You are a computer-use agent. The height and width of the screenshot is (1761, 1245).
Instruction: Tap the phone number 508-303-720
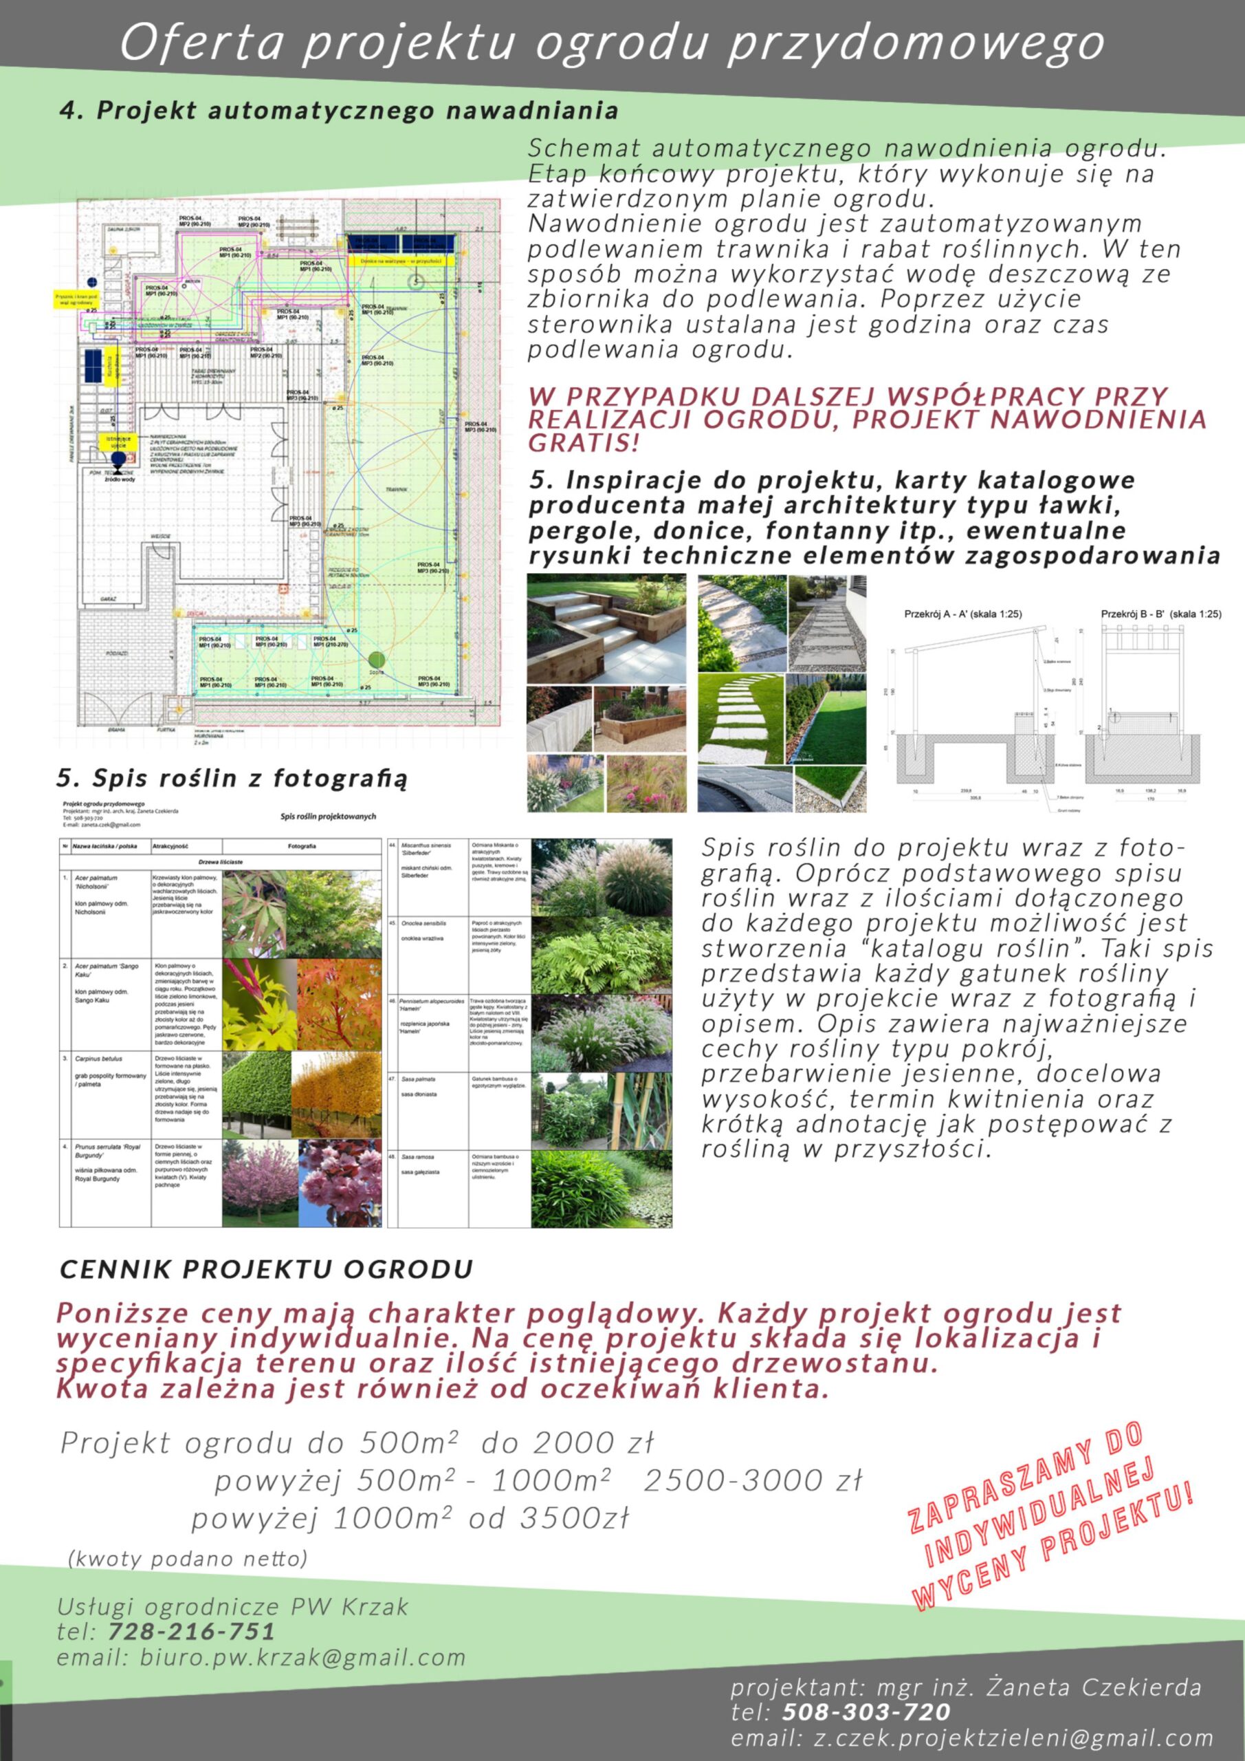(x=866, y=1712)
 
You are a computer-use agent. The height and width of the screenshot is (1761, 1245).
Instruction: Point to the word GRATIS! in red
(x=584, y=442)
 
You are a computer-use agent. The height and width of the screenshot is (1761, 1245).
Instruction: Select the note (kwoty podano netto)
(x=188, y=1559)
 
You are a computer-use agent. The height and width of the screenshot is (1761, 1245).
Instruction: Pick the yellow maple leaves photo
(x=260, y=1004)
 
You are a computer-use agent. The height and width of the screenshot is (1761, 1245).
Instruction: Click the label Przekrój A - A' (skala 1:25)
(x=963, y=614)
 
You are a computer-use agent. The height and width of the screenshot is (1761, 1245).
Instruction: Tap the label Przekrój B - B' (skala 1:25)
(x=1160, y=614)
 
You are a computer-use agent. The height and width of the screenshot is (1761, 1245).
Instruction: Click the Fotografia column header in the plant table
(x=301, y=847)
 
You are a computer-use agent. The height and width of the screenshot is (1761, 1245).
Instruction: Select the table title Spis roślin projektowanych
(x=328, y=817)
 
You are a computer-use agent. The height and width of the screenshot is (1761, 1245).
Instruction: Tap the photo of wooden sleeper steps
(x=606, y=629)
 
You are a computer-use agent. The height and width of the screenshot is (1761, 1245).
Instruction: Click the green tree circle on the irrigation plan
(x=375, y=659)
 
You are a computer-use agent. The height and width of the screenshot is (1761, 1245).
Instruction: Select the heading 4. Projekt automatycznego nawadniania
(x=338, y=111)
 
